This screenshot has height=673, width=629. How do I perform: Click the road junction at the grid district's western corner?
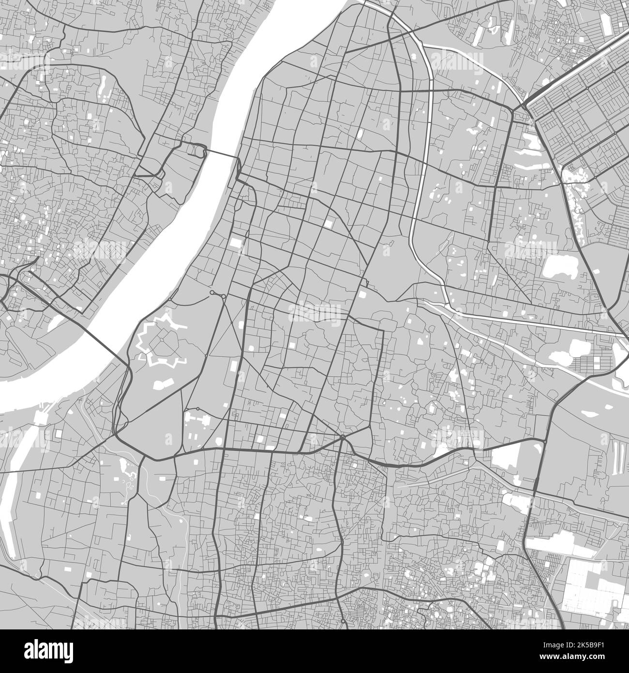[524, 104]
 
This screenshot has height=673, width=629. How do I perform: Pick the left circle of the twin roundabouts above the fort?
[212, 293]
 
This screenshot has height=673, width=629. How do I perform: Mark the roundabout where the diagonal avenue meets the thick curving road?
[342, 438]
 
